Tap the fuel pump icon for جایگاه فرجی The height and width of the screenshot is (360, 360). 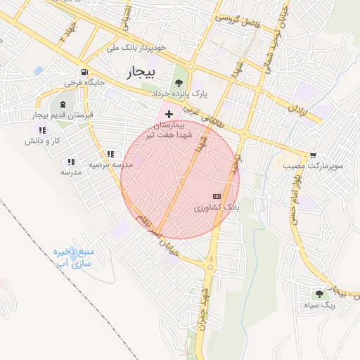(85, 72)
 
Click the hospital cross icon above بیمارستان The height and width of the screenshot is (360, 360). (169, 113)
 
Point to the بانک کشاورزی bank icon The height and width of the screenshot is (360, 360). (216, 196)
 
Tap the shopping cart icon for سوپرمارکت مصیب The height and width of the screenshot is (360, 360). (312, 155)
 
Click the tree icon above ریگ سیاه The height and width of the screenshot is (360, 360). (320, 295)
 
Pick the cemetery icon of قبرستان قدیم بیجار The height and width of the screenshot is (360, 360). (63, 104)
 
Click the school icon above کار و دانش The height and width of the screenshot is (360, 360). (42, 130)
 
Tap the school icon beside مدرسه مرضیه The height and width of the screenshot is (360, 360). (110, 154)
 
